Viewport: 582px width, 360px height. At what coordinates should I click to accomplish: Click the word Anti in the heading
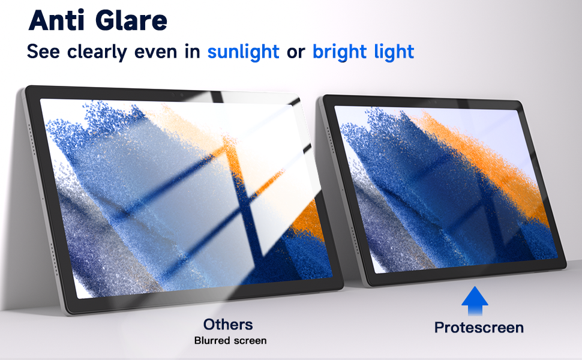tap(58, 20)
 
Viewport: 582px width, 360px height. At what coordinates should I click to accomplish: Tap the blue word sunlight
tap(244, 52)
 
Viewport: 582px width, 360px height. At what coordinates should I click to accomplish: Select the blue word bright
tap(340, 52)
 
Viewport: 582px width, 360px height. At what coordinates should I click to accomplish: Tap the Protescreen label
tap(479, 328)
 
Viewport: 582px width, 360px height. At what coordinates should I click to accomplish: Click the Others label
tap(228, 325)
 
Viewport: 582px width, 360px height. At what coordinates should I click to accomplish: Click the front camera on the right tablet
tap(436, 102)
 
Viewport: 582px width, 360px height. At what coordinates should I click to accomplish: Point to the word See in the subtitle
tap(43, 52)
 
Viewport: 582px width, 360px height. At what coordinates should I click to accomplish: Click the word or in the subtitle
tap(296, 52)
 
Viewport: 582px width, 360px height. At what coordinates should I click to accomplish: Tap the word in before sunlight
tap(192, 52)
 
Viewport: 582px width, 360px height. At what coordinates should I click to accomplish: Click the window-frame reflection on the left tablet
tap(240, 180)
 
